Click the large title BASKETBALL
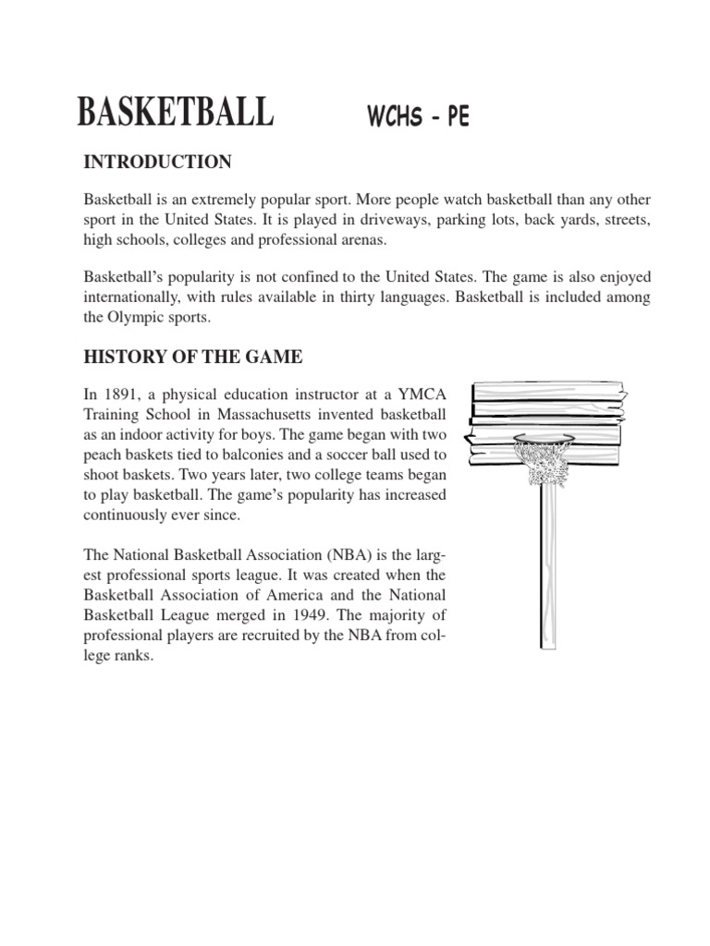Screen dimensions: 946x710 175,112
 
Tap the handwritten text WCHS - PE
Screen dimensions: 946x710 419,118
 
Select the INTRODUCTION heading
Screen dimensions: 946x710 157,163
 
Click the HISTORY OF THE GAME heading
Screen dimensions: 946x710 193,357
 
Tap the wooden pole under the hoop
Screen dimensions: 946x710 550,573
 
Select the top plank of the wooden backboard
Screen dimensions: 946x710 548,388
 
